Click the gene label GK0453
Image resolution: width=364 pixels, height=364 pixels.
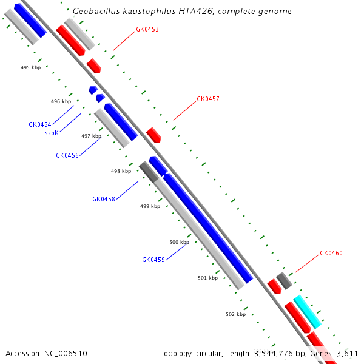click(x=147, y=29)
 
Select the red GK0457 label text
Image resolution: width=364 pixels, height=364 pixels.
click(x=208, y=99)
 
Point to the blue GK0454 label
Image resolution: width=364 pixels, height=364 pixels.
click(x=40, y=124)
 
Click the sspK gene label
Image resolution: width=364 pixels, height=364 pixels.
click(x=52, y=133)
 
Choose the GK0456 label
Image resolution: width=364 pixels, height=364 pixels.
click(x=67, y=155)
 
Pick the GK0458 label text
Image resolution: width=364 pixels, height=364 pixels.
click(x=104, y=199)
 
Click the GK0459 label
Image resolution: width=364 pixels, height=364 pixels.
click(x=153, y=260)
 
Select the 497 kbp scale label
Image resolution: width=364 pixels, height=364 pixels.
click(x=91, y=136)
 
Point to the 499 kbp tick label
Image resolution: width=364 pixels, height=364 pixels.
click(x=150, y=206)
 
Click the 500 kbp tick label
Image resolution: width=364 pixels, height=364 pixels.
click(x=179, y=242)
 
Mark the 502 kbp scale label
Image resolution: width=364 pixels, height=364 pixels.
click(x=235, y=314)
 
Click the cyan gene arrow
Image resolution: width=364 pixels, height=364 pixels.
click(x=308, y=311)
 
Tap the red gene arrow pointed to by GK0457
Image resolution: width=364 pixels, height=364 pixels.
click(x=153, y=135)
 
